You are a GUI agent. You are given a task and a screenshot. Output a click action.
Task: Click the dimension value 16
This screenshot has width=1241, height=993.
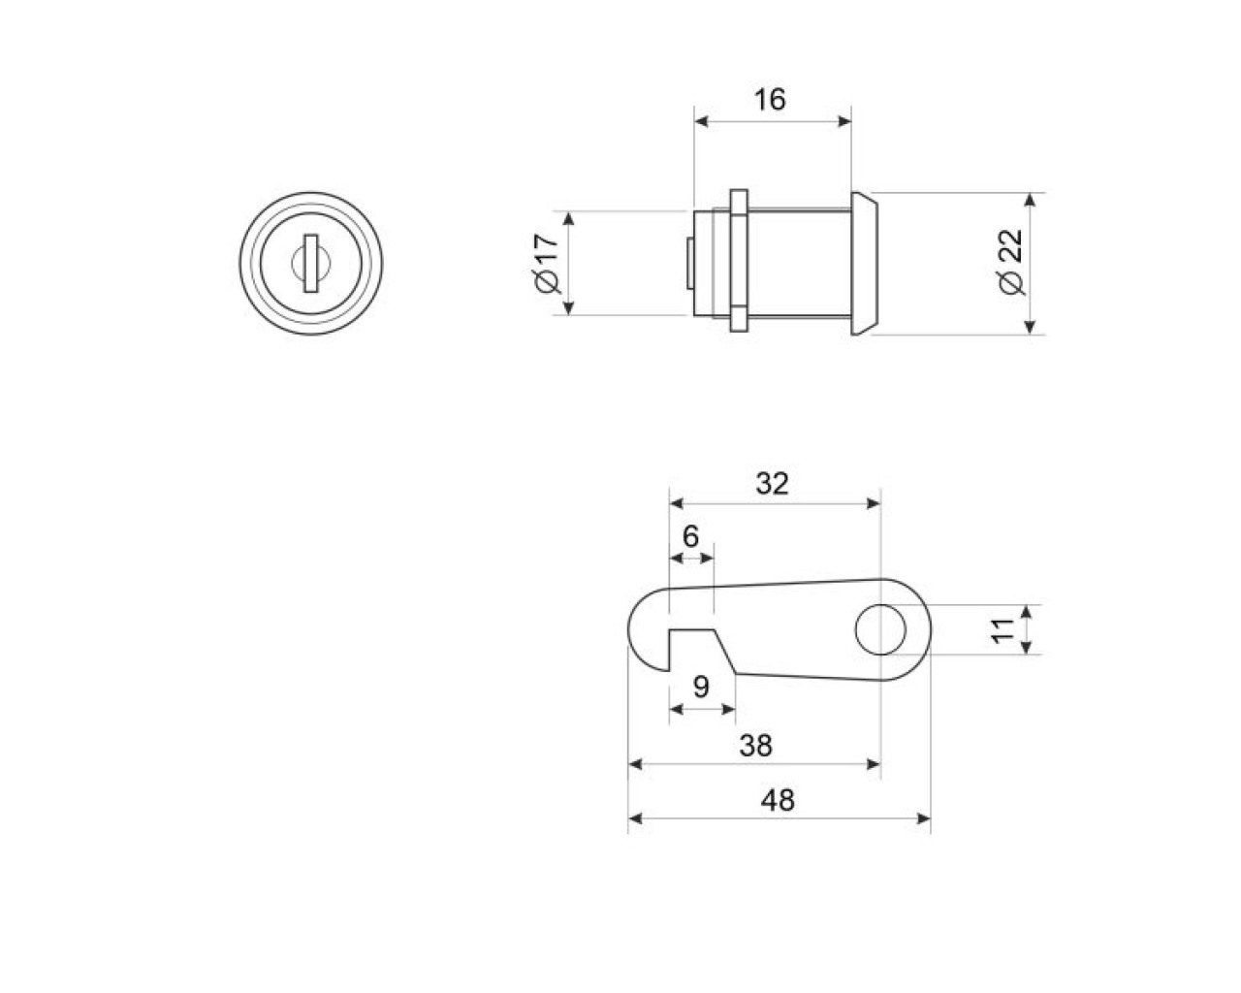pos(771,100)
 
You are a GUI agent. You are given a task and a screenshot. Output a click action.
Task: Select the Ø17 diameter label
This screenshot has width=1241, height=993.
pos(548,264)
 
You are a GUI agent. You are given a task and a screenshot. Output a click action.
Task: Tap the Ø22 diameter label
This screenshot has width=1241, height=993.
pos(1011,263)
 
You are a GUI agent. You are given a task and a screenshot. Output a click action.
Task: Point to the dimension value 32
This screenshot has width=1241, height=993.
pos(772,484)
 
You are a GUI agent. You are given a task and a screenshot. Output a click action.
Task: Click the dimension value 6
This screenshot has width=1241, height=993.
pos(690,536)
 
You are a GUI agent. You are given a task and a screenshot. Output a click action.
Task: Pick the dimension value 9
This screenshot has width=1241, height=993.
pos(701,688)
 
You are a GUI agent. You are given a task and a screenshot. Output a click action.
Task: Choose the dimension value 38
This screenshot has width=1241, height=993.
pos(756,746)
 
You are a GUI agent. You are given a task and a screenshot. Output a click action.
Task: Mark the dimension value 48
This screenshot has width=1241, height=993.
pos(778,800)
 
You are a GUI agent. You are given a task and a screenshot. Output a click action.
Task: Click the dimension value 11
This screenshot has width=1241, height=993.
pos(1004,629)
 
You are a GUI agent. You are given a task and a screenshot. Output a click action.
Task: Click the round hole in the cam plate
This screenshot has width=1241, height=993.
pos(880,629)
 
